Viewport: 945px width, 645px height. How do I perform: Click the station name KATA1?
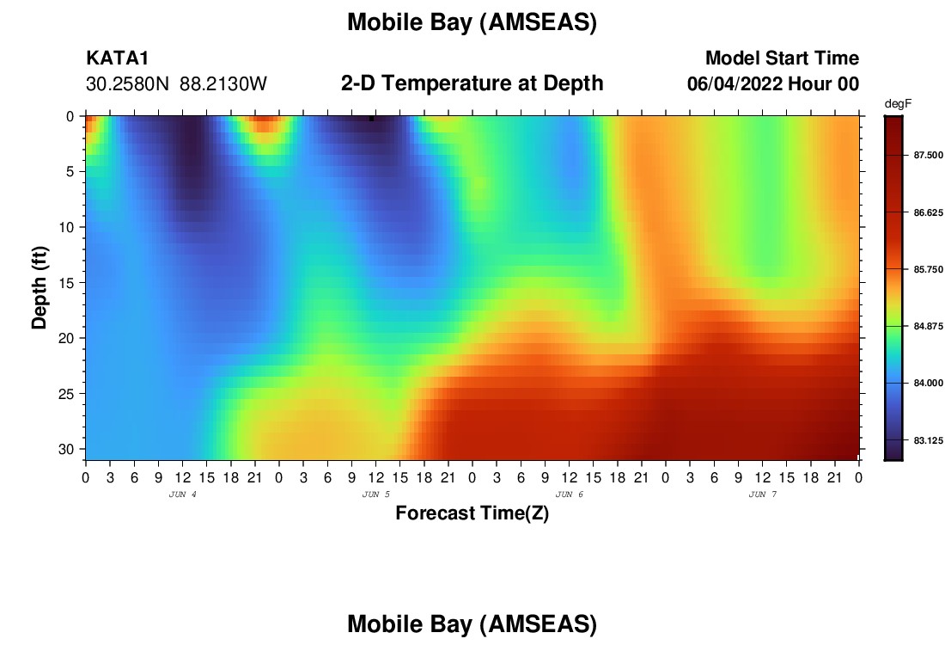point(117,58)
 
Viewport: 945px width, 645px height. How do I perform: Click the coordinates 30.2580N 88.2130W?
point(176,83)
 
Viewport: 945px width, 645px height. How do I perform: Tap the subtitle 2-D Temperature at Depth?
point(472,83)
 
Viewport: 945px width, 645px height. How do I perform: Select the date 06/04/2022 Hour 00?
point(772,83)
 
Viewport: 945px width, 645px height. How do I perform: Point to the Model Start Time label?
point(783,58)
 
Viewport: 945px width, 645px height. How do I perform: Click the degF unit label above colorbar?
point(898,104)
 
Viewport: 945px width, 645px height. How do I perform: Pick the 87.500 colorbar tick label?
point(928,155)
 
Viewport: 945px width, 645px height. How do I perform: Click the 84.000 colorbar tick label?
point(928,384)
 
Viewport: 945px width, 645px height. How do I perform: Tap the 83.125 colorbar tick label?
point(928,440)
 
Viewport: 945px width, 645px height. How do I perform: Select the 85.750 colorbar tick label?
point(928,269)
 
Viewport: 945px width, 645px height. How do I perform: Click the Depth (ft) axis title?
point(40,287)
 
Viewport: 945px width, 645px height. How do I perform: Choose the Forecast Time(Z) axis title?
point(472,513)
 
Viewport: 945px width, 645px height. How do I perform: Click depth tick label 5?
point(70,172)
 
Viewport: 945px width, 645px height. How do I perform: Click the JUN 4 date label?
point(183,494)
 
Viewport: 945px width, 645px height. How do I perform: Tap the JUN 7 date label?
point(762,494)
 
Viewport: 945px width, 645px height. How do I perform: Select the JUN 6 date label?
point(569,494)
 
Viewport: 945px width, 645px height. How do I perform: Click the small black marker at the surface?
point(371,119)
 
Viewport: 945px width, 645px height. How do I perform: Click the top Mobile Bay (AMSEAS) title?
point(472,22)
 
